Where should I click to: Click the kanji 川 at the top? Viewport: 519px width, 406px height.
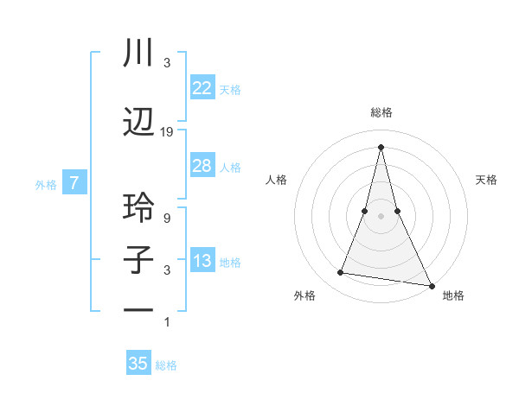tap(138, 54)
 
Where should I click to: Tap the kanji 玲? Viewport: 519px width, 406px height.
tap(138, 207)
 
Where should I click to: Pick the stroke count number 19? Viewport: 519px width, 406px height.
tap(167, 132)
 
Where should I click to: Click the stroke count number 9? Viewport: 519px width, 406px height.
tap(167, 218)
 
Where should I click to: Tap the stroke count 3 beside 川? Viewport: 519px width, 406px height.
tap(167, 63)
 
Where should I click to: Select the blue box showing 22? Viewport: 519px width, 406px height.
tap(202, 88)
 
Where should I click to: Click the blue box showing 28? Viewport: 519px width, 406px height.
tap(202, 166)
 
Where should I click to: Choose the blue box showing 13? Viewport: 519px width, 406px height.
tap(202, 261)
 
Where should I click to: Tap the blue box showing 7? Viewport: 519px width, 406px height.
tap(74, 183)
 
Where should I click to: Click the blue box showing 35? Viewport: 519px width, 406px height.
tap(138, 364)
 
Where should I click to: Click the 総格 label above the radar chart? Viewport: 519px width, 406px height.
tap(381, 112)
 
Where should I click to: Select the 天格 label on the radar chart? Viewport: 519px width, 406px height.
tap(486, 180)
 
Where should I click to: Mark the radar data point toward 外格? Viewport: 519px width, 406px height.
tap(341, 273)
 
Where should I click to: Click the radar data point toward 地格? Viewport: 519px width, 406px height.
tap(431, 285)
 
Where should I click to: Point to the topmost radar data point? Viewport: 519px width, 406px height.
tap(381, 147)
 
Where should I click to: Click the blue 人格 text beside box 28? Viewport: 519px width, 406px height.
tap(230, 167)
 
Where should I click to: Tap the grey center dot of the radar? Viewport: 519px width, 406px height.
tap(381, 216)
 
